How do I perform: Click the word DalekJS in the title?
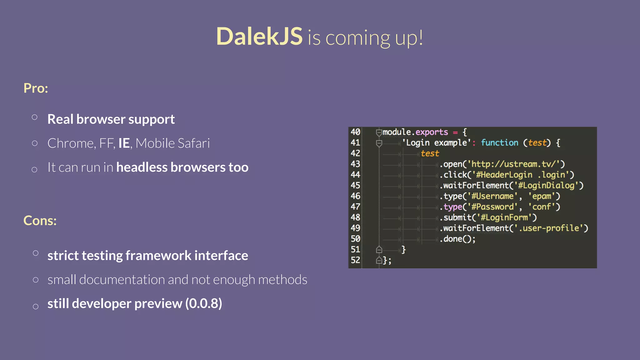(259, 36)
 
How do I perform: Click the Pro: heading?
(36, 88)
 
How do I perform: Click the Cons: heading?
(40, 221)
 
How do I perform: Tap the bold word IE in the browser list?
(124, 143)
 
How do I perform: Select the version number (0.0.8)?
(203, 303)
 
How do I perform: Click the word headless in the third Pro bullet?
(142, 167)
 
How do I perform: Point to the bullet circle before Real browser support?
(35, 117)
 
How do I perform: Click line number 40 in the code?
(355, 132)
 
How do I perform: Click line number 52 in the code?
(355, 260)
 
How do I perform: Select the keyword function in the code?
(499, 143)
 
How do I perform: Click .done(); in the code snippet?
(457, 239)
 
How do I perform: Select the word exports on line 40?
(432, 132)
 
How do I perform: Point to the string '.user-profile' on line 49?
(549, 228)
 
